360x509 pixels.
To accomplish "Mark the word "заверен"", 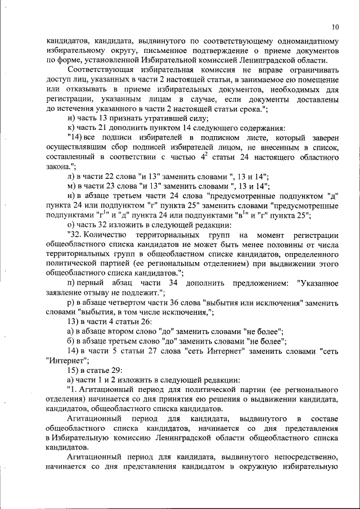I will pos(325,138).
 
